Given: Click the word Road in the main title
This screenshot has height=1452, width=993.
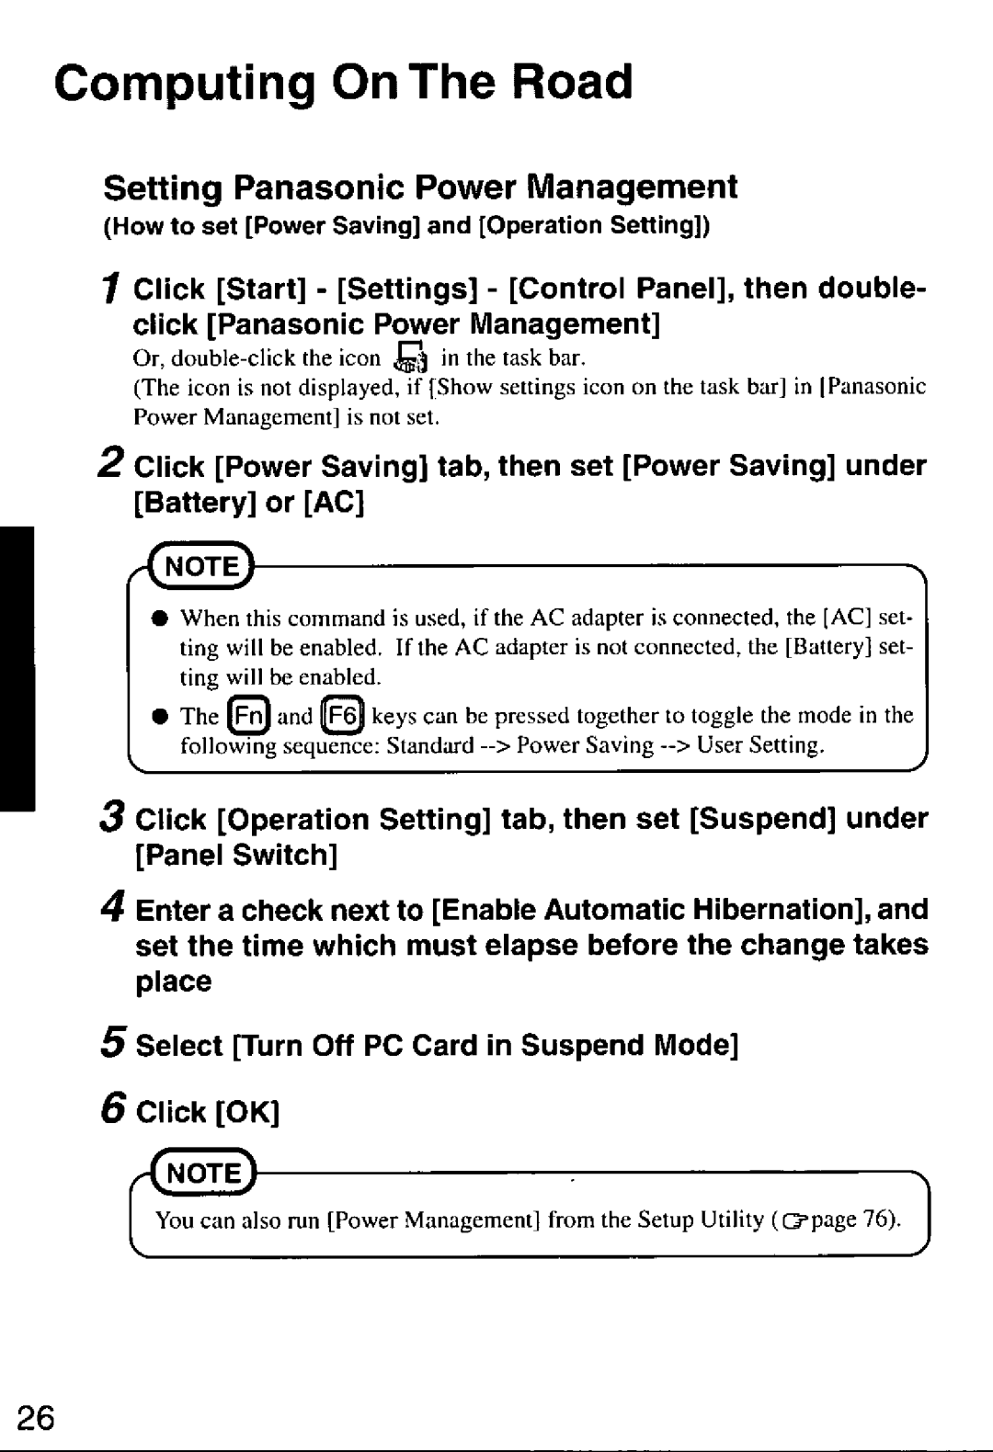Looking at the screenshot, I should (571, 83).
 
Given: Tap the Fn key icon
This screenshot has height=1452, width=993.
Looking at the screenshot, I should (248, 716).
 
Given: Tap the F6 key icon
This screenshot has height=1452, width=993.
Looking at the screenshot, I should (342, 716).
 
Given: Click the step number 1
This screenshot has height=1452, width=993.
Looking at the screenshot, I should (110, 290).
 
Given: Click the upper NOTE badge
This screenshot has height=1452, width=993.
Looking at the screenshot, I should (202, 566).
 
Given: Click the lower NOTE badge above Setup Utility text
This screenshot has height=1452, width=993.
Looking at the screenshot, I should (203, 1174).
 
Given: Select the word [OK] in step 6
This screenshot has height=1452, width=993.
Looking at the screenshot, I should (246, 1112).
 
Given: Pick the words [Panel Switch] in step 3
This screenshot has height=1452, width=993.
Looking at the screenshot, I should (237, 856).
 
